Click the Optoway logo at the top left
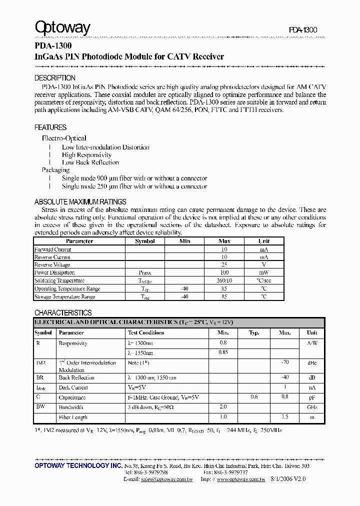pos(62,27)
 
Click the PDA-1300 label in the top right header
pos(303,30)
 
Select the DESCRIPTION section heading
pos(54,78)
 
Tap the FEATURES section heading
pos(50,127)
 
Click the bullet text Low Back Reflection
pos(90,162)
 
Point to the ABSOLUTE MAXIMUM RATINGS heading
pos(80,202)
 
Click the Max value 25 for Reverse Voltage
pos(224,264)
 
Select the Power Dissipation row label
pos(54,272)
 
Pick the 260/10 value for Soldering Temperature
pos(224,280)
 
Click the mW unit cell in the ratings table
pos(263,272)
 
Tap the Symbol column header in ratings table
pos(145,241)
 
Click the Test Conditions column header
pos(146,332)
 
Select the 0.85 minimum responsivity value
pos(223,352)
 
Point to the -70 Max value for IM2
pos(284,362)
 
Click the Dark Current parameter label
pos(73,387)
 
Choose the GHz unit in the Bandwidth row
pos(311,407)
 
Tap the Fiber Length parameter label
pos(73,417)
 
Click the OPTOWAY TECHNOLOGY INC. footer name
pos(78,465)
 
